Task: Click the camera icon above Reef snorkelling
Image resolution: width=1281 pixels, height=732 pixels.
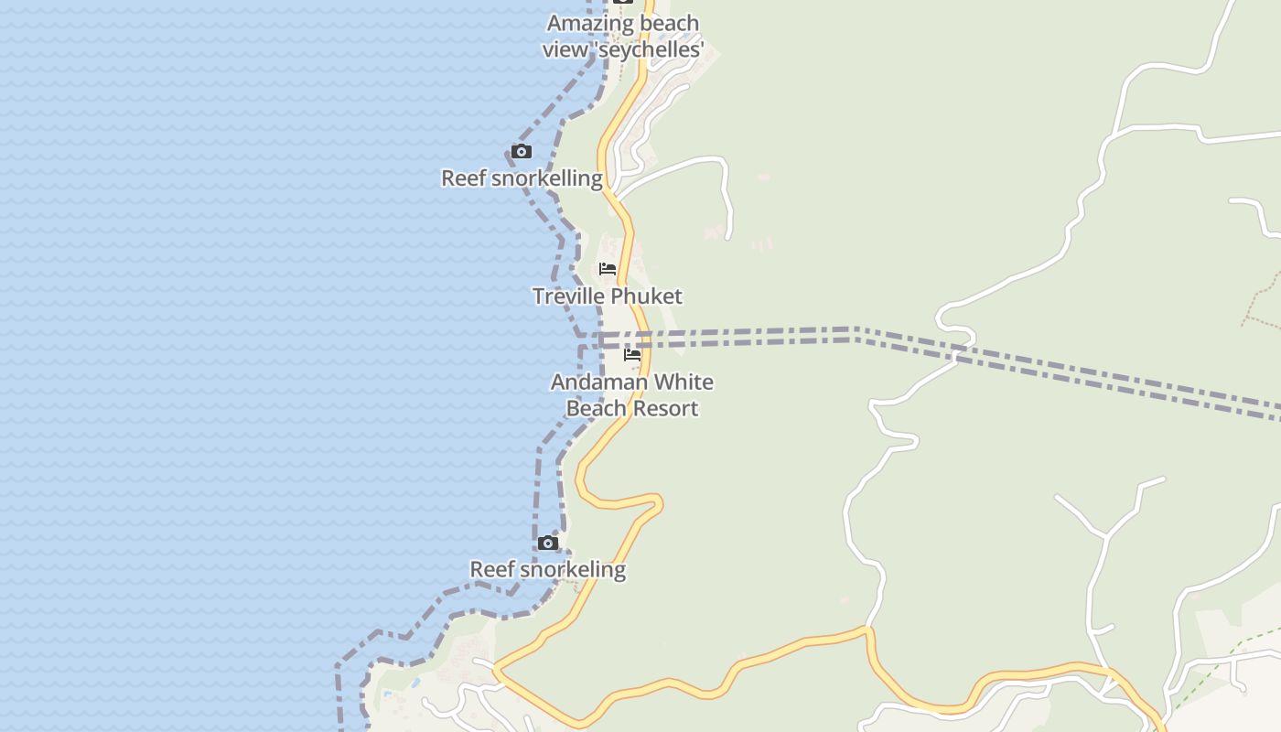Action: click(x=521, y=152)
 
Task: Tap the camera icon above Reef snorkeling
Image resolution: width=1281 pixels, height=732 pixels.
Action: click(x=547, y=544)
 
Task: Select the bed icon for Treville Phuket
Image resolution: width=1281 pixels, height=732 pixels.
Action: click(x=608, y=269)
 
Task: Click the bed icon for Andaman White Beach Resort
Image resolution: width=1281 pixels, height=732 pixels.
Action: click(x=632, y=355)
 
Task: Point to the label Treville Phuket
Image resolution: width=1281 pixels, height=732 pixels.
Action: click(x=608, y=296)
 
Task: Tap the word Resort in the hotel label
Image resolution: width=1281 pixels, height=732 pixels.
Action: click(x=664, y=408)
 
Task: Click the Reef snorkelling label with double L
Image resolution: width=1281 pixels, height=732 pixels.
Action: click(x=522, y=178)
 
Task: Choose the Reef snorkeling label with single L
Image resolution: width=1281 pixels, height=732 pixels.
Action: click(x=547, y=569)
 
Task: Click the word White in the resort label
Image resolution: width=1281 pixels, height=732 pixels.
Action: click(x=683, y=382)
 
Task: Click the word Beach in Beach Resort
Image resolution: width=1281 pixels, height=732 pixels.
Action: click(x=595, y=408)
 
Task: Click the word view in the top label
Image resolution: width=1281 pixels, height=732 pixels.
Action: click(x=565, y=49)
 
